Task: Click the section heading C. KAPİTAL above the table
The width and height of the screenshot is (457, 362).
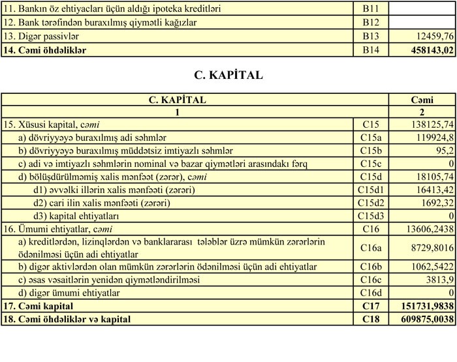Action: (x=228, y=75)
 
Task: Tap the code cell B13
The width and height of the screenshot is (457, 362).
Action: (x=370, y=37)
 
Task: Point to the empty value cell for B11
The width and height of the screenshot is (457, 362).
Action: (x=422, y=9)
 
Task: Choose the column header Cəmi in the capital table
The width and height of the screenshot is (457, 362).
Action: (x=422, y=100)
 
